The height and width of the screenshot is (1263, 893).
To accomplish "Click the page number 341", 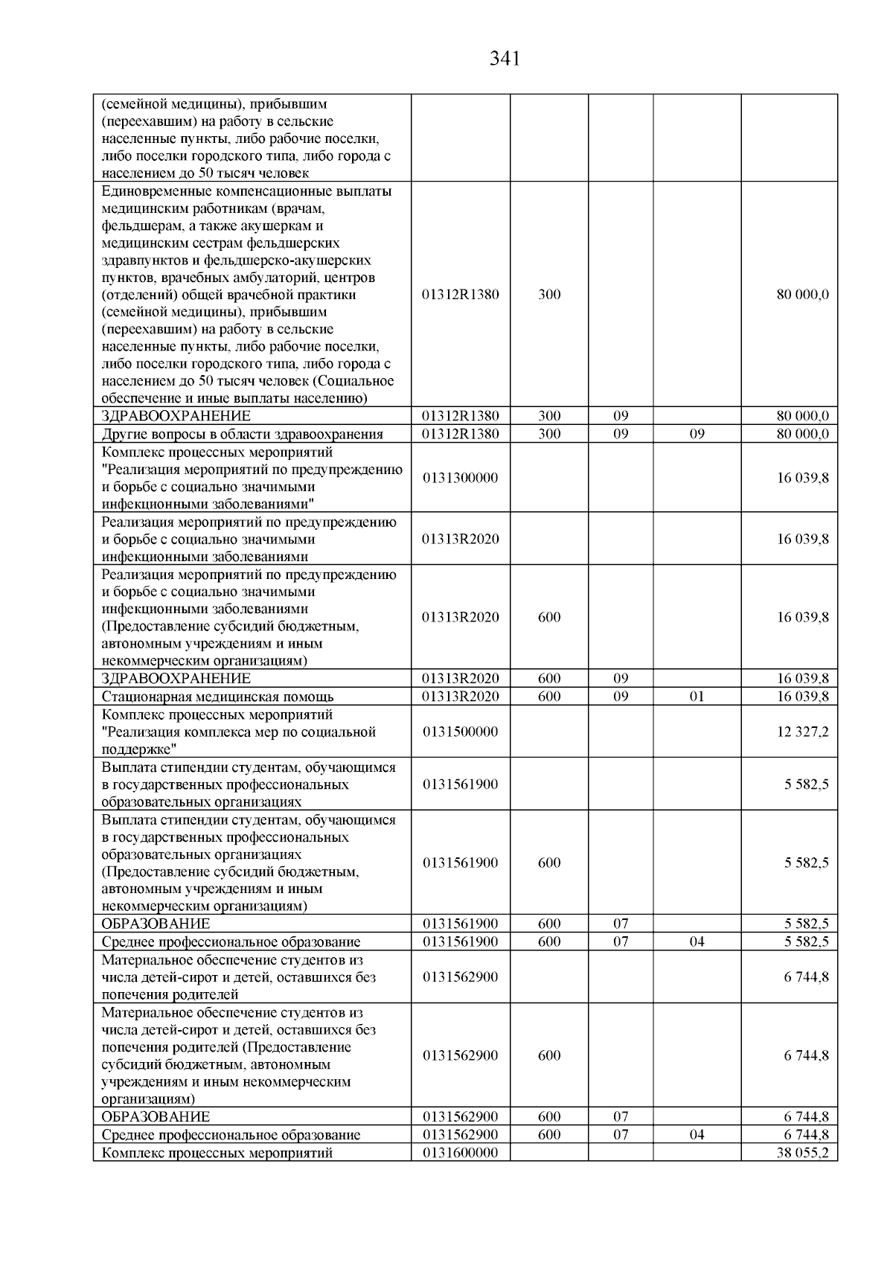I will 505,59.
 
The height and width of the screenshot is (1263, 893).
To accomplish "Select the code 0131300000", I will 460,478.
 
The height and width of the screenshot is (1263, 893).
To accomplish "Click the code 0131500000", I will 460,732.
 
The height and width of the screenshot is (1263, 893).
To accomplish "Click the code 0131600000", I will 460,1154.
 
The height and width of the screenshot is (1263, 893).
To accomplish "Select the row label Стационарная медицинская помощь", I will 217,697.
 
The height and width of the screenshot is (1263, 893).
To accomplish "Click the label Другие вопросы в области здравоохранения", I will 242,435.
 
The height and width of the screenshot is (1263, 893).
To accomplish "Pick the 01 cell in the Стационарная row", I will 697,697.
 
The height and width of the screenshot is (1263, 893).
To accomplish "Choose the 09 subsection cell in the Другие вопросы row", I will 697,435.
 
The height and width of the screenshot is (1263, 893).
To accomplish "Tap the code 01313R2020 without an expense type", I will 460,539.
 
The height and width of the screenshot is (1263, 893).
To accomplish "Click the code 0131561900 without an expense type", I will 460,784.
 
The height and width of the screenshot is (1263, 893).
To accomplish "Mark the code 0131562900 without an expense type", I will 460,977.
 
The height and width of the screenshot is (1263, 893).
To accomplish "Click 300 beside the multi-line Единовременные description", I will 549,295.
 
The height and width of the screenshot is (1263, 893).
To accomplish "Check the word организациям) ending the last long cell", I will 148,1099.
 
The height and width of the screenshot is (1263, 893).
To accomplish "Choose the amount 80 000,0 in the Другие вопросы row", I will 802,435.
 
